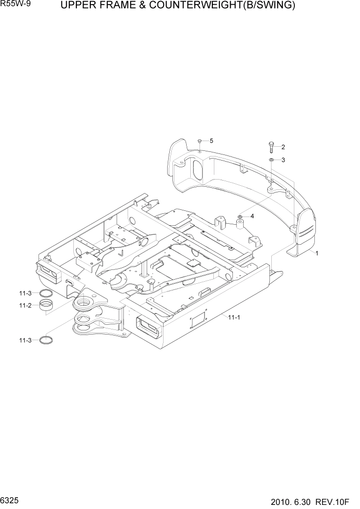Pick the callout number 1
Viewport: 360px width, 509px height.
(x=317, y=253)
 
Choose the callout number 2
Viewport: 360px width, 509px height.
(x=283, y=147)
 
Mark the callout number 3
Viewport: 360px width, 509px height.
(x=283, y=160)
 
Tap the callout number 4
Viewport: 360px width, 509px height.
(x=252, y=216)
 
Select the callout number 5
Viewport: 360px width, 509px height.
(x=211, y=141)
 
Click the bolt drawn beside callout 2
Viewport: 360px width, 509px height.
(x=270, y=147)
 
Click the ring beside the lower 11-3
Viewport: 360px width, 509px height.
(x=47, y=340)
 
